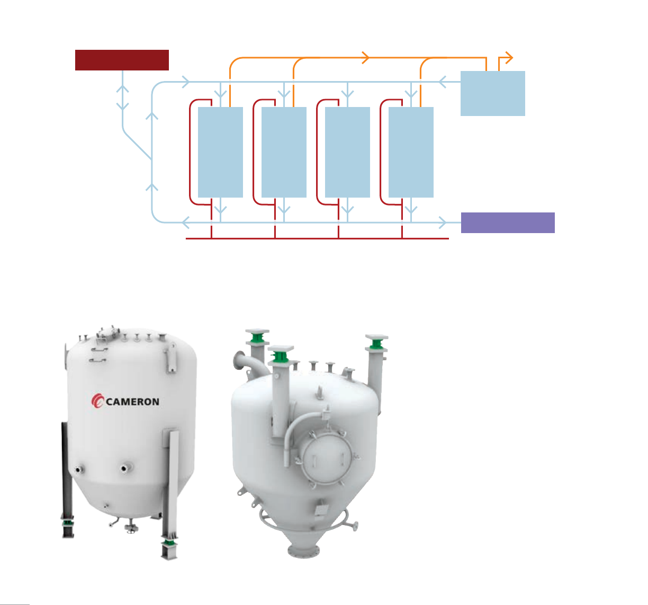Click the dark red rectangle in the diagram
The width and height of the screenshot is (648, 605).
click(x=122, y=60)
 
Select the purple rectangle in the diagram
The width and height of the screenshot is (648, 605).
click(x=508, y=223)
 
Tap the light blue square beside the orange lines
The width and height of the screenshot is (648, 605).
click(x=492, y=93)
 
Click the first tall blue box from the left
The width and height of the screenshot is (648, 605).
click(x=220, y=152)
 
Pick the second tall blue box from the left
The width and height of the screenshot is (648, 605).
click(x=284, y=152)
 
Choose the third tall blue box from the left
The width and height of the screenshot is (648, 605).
click(x=347, y=152)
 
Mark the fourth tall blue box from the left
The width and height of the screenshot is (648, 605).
click(x=411, y=152)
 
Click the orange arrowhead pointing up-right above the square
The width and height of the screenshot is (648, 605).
click(x=509, y=56)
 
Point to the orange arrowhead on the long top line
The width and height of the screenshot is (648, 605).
click(x=365, y=57)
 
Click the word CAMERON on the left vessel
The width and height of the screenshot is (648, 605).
click(x=133, y=402)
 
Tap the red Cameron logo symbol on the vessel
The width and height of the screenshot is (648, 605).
click(x=98, y=402)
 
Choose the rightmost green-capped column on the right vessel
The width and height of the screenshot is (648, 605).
click(x=376, y=366)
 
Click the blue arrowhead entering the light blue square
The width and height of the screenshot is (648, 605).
click(x=444, y=82)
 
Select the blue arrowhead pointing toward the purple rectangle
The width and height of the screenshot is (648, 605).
click(x=443, y=221)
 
